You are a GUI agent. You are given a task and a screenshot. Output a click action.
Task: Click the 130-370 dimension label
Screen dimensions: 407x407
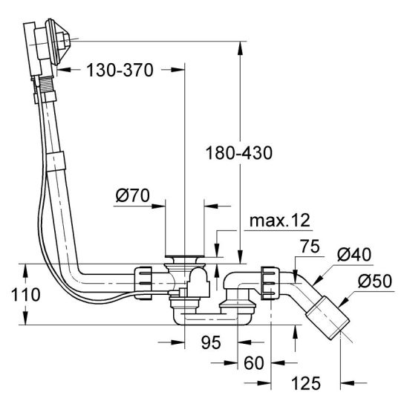[120, 70]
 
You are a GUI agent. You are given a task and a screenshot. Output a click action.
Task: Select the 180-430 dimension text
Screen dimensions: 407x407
[239, 153]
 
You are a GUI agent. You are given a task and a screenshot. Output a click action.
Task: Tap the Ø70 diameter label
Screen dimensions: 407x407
[133, 195]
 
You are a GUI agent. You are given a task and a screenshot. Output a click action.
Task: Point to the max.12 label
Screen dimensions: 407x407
[280, 221]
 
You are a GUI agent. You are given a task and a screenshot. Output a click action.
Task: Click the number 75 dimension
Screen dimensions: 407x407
[310, 247]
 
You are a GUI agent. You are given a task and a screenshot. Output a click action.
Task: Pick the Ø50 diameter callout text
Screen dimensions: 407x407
[375, 281]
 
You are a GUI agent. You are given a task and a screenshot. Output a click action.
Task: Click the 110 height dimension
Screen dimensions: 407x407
[26, 295]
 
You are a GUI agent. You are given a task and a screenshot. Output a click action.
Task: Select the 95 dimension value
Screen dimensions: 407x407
[211, 342]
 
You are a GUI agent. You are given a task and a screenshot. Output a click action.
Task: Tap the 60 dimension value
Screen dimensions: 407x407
[253, 363]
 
